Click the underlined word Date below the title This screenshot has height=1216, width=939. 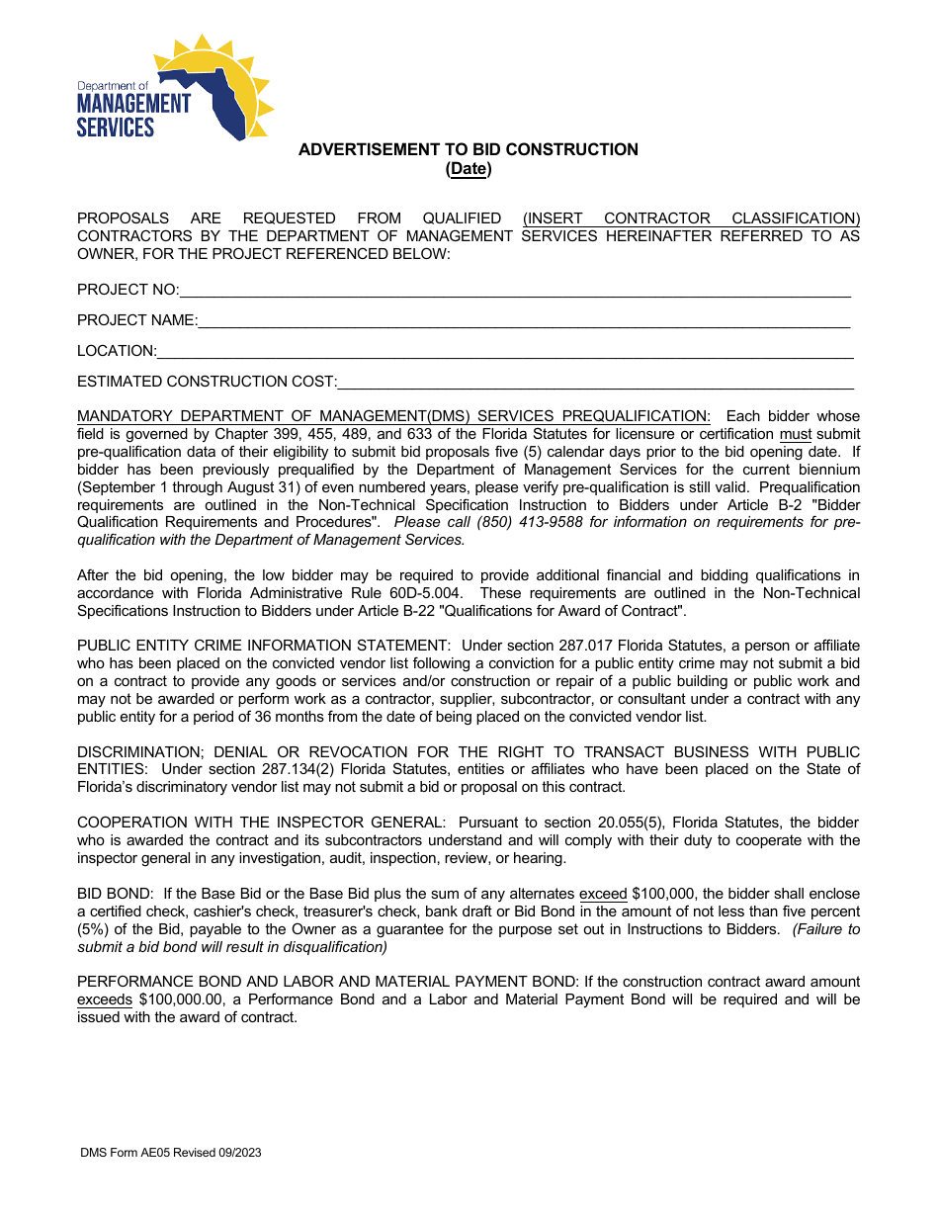(469, 169)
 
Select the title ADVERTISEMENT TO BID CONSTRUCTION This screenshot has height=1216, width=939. (469, 149)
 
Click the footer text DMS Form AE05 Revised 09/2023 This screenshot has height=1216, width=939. (171, 1153)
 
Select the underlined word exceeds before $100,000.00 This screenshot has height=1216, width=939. (105, 999)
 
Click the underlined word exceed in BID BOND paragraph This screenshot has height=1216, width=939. (603, 894)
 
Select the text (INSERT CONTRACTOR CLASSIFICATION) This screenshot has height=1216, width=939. (691, 218)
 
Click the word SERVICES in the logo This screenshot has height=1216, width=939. (116, 127)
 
